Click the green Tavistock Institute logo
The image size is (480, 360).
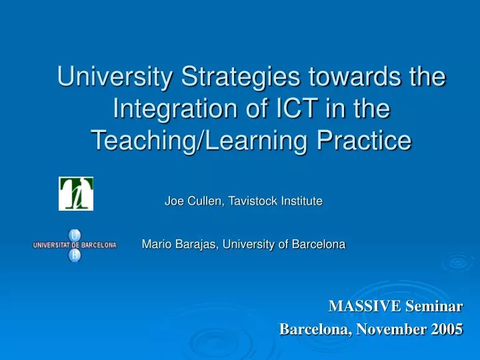(x=76, y=193)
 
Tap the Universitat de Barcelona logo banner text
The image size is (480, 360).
(x=75, y=245)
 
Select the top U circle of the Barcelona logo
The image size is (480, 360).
(x=75, y=234)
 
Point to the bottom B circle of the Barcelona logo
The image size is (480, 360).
(x=75, y=255)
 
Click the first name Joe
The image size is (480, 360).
(x=173, y=201)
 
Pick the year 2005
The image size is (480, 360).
(x=447, y=329)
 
